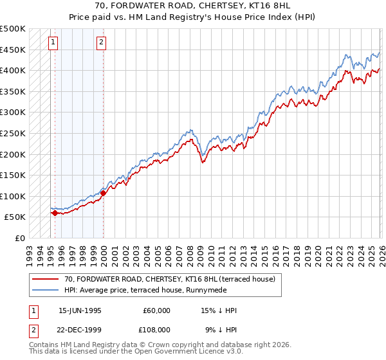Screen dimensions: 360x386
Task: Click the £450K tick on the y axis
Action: (x=13, y=50)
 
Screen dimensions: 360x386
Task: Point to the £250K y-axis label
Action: (x=13, y=133)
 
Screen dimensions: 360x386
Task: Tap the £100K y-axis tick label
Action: (x=13, y=196)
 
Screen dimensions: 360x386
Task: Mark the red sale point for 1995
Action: (x=55, y=213)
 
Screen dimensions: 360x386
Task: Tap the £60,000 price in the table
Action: (x=156, y=310)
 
